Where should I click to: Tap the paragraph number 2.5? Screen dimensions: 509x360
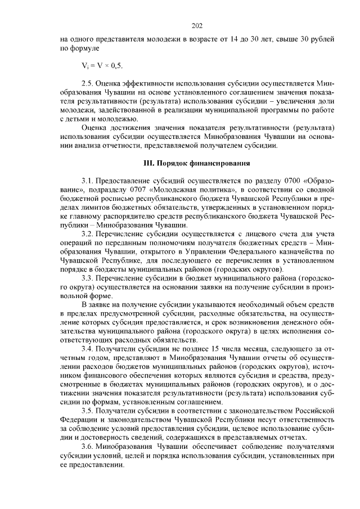tap(87, 82)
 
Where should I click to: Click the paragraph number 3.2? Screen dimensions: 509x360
tap(87, 232)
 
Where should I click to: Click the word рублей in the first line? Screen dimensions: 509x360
tap(323, 40)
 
